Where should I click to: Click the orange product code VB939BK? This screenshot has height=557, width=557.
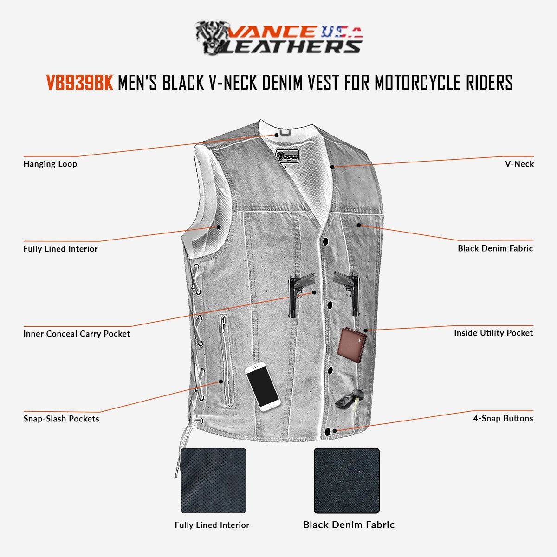pyautogui.click(x=79, y=83)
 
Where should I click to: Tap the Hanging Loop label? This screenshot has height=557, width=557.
pyautogui.click(x=50, y=164)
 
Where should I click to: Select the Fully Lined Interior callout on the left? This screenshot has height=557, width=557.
pyautogui.click(x=60, y=249)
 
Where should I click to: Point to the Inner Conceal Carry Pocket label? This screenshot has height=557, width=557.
pyautogui.click(x=77, y=334)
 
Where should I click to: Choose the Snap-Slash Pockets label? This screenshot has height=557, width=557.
pyautogui.click(x=61, y=419)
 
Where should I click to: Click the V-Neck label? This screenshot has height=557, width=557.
pyautogui.click(x=519, y=164)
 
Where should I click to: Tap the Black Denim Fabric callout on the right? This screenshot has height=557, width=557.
pyautogui.click(x=495, y=248)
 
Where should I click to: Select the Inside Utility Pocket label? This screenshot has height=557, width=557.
pyautogui.click(x=493, y=333)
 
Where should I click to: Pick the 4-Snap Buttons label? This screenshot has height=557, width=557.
pyautogui.click(x=503, y=418)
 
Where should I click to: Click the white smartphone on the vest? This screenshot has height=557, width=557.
pyautogui.click(x=262, y=386)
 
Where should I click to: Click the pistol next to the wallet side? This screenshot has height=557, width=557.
pyautogui.click(x=348, y=290)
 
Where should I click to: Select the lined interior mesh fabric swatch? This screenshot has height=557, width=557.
pyautogui.click(x=213, y=480)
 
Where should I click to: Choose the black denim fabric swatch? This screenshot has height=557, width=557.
pyautogui.click(x=346, y=480)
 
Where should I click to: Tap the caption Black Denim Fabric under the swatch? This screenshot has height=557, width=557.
pyautogui.click(x=349, y=525)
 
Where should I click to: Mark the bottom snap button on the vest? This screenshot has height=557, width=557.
pyautogui.click(x=328, y=432)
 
